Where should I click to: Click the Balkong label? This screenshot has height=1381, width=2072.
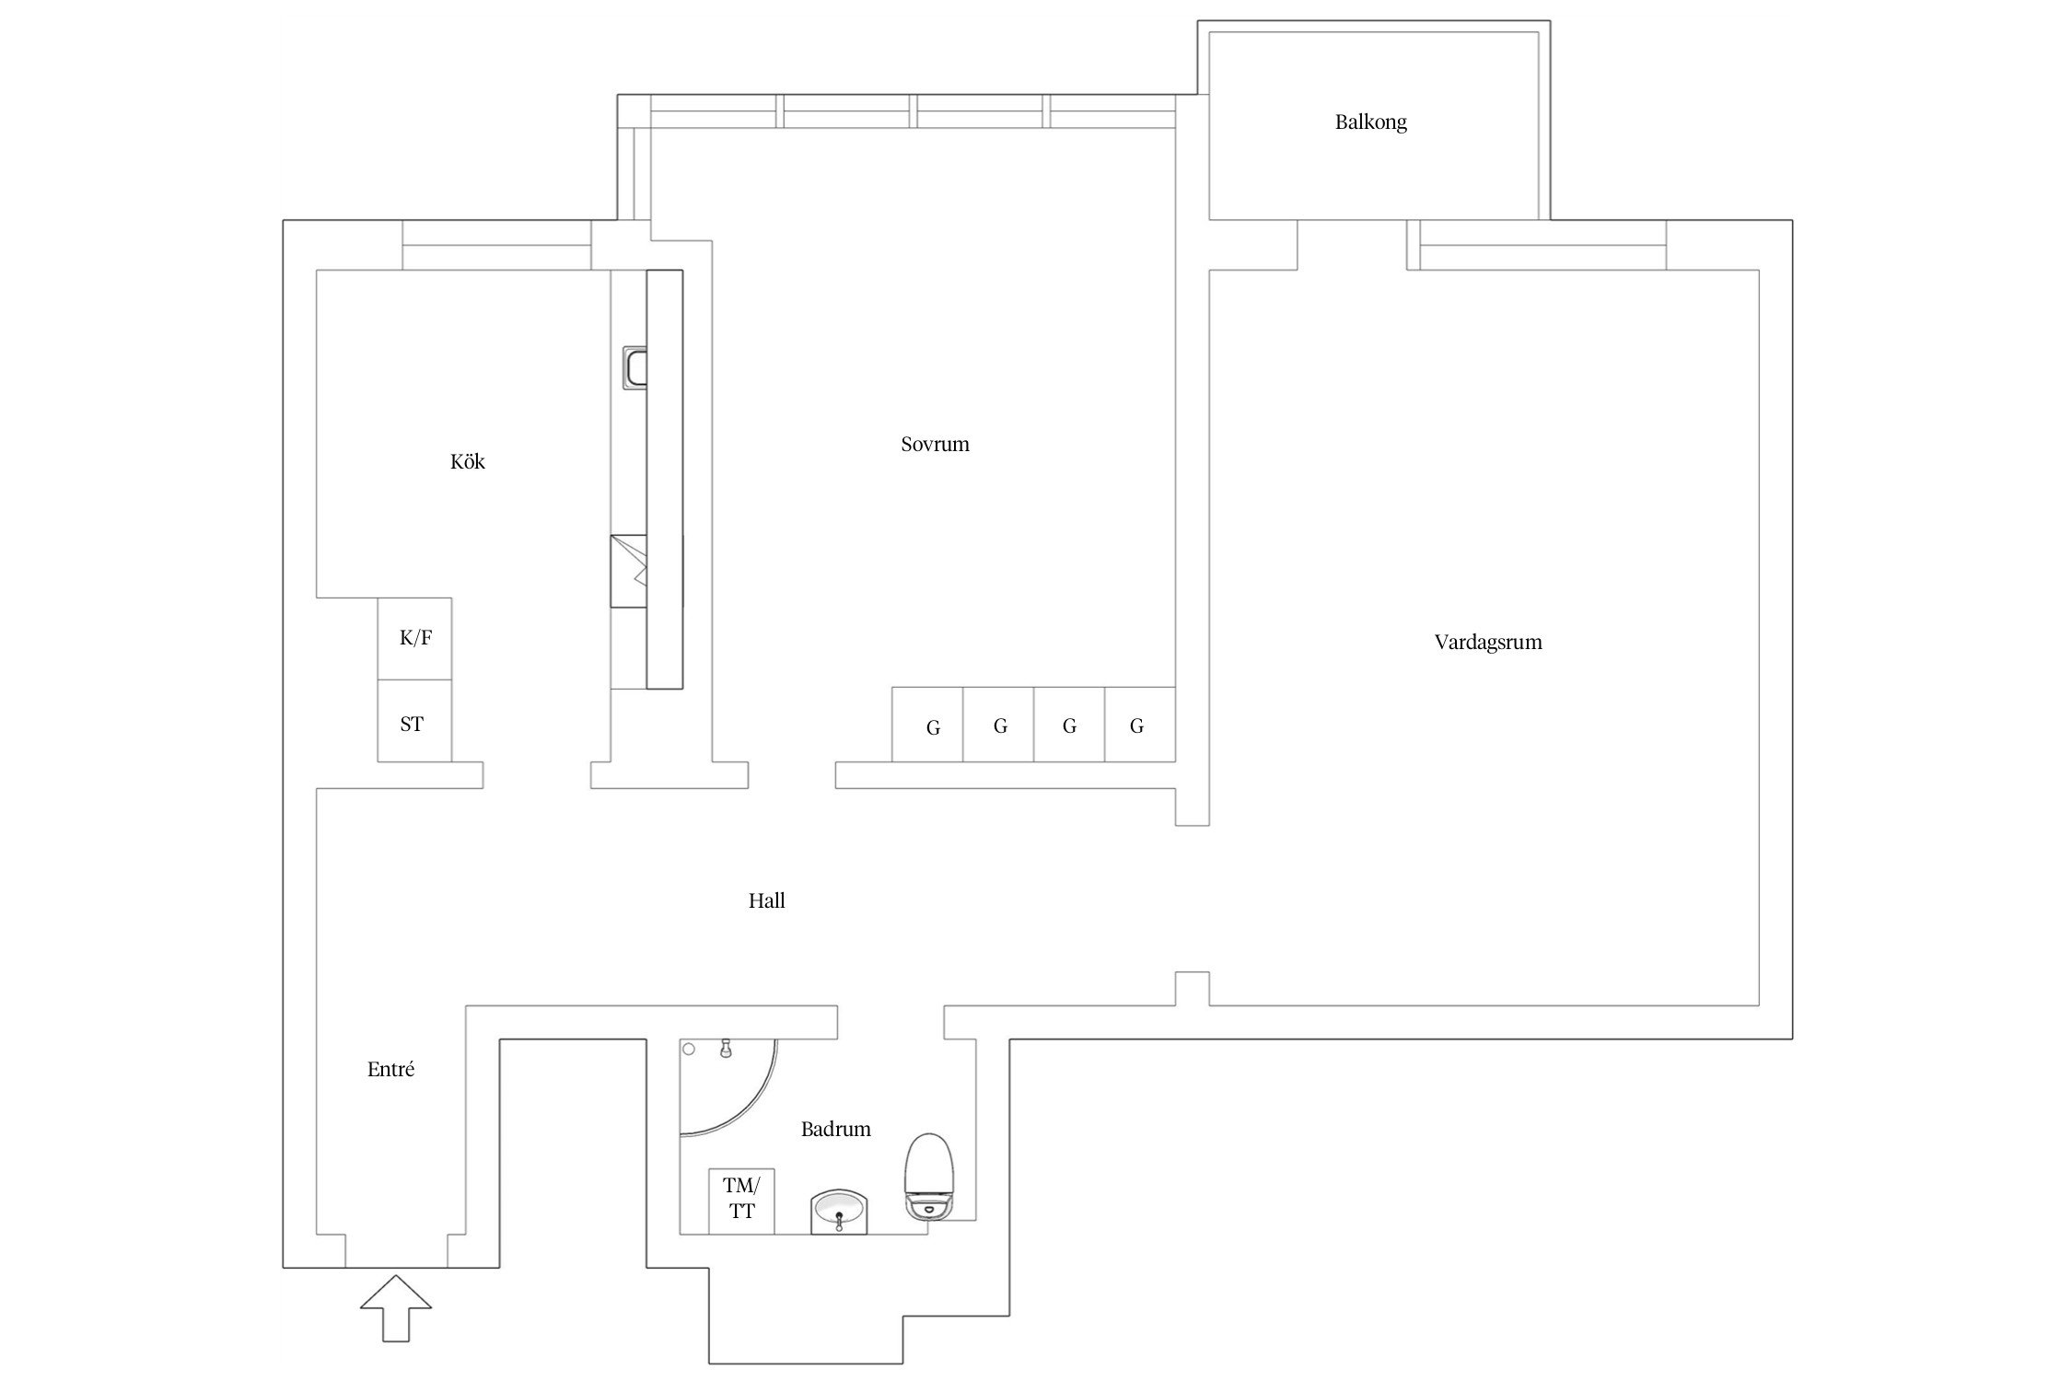tap(1370, 122)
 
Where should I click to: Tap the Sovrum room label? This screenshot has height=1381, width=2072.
tap(935, 445)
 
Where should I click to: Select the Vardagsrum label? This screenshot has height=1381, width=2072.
tap(1488, 643)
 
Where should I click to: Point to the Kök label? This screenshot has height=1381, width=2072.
tap(467, 461)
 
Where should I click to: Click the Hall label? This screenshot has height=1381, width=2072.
tap(766, 900)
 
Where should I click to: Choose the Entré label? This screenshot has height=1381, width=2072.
tap(390, 1070)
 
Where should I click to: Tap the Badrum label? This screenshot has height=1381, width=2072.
tap(835, 1129)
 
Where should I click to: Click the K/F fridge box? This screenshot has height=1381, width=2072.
tap(414, 639)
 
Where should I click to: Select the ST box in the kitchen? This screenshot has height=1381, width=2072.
tap(414, 721)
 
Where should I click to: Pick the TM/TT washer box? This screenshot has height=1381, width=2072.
tap(741, 1201)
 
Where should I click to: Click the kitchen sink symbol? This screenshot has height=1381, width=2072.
tap(635, 367)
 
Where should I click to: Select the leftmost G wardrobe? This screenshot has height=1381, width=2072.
tap(927, 725)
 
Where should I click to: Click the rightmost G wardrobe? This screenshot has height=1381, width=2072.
tap(1140, 725)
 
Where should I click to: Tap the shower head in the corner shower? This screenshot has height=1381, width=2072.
tap(726, 1048)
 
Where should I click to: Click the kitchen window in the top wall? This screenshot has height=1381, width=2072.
tap(496, 245)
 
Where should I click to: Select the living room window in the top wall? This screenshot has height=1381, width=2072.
tap(1542, 245)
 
